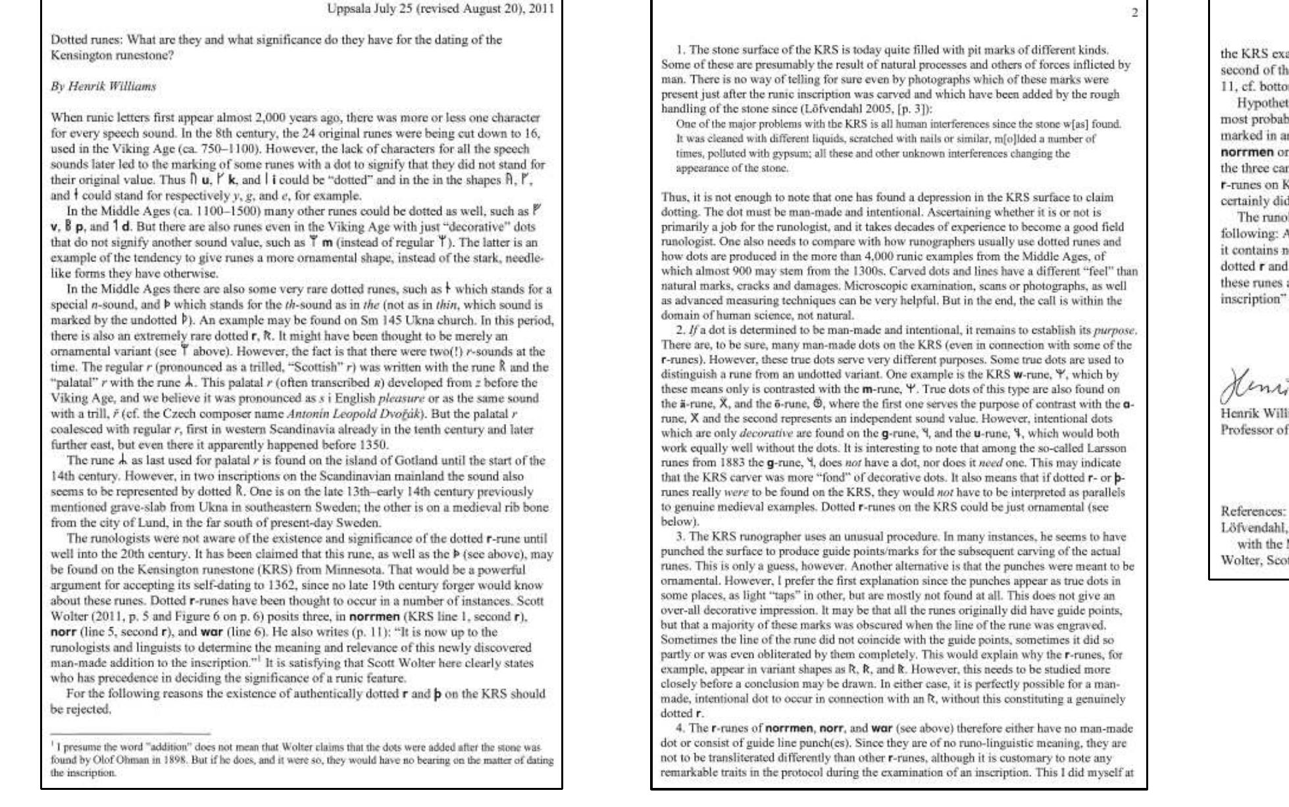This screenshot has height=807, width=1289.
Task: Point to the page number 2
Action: tap(1134, 13)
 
